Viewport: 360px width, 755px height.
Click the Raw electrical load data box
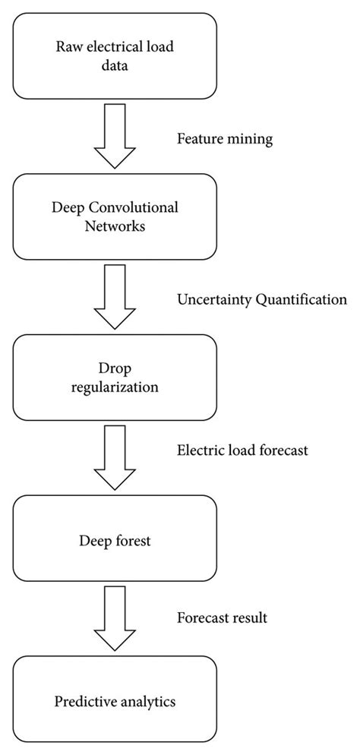click(x=115, y=55)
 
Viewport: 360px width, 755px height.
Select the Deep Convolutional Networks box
click(x=115, y=216)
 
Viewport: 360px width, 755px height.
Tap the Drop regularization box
click(x=115, y=377)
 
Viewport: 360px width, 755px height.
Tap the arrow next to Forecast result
click(x=114, y=620)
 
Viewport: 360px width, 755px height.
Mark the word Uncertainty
click(x=210, y=299)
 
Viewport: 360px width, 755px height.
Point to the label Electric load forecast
click(x=242, y=450)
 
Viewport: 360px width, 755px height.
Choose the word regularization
click(x=115, y=387)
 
